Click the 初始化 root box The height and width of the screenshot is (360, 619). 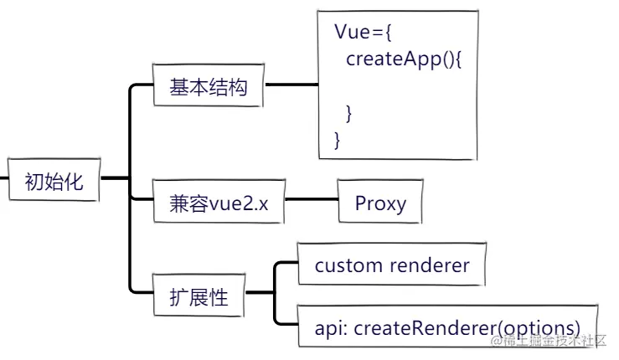click(54, 178)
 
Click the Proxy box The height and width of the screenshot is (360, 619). click(380, 202)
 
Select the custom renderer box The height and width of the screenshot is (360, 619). click(392, 265)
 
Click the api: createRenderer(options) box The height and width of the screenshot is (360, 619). click(448, 327)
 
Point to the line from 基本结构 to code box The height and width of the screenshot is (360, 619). click(290, 85)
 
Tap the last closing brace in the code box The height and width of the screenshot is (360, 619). click(338, 138)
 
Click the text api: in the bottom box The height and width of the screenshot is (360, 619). click(332, 327)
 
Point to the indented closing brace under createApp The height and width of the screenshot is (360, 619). click(350, 111)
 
